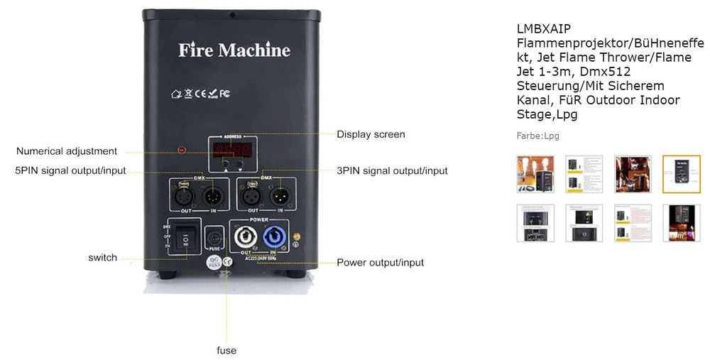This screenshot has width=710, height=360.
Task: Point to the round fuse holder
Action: click(x=214, y=237)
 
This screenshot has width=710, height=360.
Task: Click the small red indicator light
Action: click(x=182, y=151)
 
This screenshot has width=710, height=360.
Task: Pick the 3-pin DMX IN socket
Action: click(x=278, y=194)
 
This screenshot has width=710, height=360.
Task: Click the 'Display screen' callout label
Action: click(x=371, y=134)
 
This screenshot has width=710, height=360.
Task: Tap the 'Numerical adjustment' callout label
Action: click(x=67, y=151)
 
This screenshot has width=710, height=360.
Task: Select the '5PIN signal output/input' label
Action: click(x=71, y=170)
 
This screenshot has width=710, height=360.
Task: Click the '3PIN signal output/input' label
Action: click(x=392, y=170)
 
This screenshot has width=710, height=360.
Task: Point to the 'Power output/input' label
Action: click(x=380, y=262)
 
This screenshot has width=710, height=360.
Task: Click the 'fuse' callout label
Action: click(x=226, y=350)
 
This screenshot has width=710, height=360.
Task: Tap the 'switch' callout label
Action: click(x=103, y=257)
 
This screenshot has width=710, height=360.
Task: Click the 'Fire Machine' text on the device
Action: click(x=234, y=50)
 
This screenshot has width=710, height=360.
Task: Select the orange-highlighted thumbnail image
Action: click(x=681, y=174)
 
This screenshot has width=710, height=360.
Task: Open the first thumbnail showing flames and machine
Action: click(x=535, y=174)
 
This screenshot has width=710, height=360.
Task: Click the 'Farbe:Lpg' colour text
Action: click(x=537, y=136)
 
